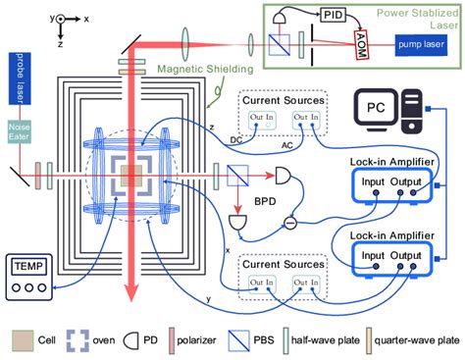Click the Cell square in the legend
22,341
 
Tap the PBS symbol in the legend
280,341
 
